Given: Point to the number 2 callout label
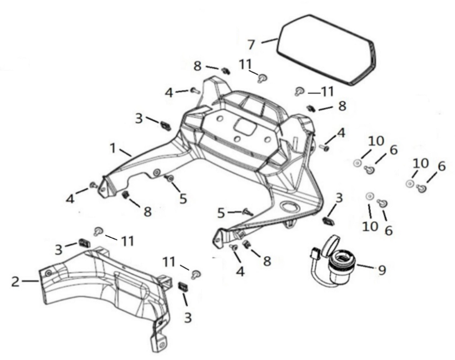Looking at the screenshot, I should (15, 282).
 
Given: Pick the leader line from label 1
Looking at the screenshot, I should (125, 152).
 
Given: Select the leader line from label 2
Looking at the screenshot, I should (30, 281).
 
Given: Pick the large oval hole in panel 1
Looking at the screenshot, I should (289, 207).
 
